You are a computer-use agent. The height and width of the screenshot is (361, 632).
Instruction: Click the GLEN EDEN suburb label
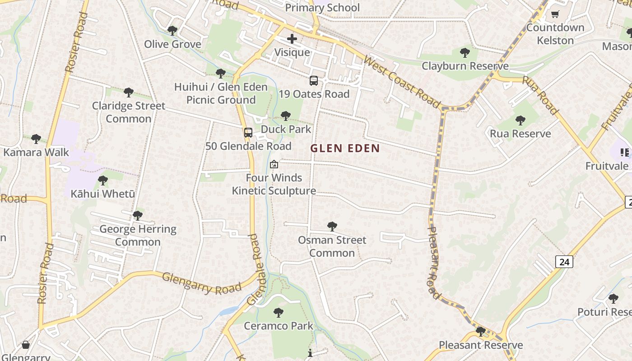[345, 148]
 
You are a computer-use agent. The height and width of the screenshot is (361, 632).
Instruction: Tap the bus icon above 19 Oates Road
[314, 81]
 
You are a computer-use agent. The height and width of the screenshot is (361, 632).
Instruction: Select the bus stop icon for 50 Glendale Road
[248, 133]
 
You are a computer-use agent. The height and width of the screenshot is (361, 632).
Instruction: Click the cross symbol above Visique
[292, 39]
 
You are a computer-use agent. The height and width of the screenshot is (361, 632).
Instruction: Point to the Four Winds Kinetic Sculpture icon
[274, 164]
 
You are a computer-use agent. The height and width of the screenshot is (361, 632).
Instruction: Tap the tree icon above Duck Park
[285, 116]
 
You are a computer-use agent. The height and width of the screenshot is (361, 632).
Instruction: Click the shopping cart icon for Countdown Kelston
[555, 14]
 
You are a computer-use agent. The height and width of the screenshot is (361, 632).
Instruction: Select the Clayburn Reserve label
[465, 66]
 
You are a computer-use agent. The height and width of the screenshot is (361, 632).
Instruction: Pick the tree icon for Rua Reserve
[520, 120]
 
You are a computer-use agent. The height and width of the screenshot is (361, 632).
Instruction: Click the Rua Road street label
[540, 95]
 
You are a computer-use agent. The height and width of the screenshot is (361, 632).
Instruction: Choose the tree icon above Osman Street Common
[332, 227]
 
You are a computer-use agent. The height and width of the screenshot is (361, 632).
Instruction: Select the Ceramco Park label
[279, 325]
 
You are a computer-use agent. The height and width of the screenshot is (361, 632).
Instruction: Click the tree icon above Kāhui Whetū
[103, 180]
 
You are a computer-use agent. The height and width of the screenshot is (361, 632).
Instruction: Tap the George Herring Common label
[138, 235]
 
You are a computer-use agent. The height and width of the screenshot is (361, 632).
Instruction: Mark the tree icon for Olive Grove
[172, 31]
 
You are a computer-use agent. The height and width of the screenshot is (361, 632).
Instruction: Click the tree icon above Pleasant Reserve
[481, 332]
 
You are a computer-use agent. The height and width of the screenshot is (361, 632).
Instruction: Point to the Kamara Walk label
[36, 152]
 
